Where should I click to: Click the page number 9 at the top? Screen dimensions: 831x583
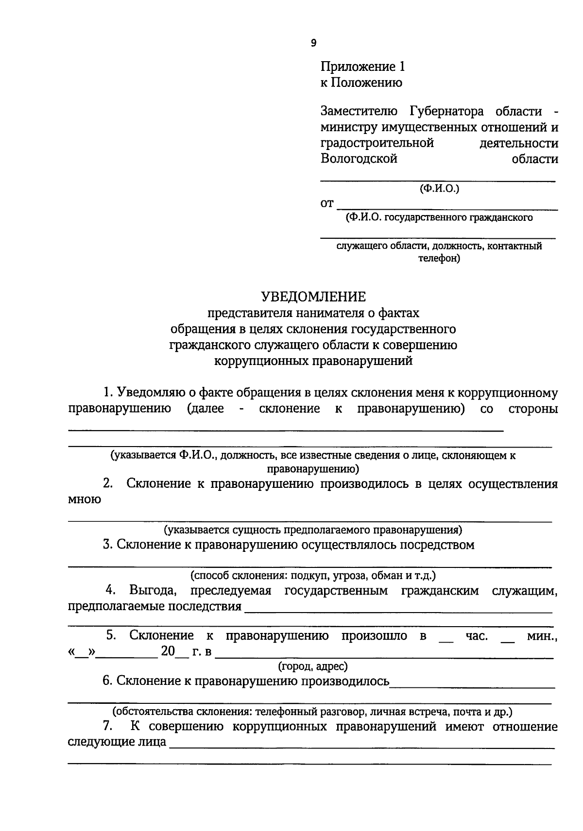click(313, 43)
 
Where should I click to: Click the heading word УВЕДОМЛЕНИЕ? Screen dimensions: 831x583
click(313, 297)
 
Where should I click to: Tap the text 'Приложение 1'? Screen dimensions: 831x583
click(362, 66)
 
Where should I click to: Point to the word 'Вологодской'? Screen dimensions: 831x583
click(359, 159)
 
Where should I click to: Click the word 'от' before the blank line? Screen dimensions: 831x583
click(327, 203)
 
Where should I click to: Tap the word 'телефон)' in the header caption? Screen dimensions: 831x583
click(439, 258)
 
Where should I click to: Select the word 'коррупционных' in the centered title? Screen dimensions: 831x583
click(260, 361)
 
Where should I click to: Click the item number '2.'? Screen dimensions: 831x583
click(108, 484)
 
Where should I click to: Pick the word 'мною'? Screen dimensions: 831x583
click(85, 500)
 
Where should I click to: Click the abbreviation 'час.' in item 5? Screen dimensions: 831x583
click(477, 636)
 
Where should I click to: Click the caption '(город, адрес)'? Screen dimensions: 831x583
click(313, 666)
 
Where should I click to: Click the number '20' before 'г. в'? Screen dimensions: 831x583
click(168, 651)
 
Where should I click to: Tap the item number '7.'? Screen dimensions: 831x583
click(108, 727)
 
